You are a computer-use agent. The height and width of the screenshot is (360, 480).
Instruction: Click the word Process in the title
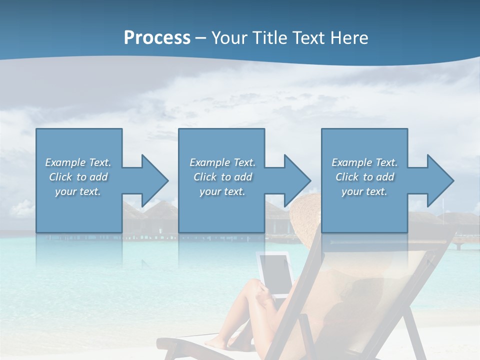pos(157,38)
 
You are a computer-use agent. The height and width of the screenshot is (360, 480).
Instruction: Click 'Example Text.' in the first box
pos(78,162)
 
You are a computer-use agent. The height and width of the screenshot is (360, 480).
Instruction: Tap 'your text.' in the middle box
pos(222,191)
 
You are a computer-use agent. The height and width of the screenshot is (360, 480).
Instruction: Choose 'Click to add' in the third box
pos(365,177)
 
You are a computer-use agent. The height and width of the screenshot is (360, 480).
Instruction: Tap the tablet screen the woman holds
pos(274,272)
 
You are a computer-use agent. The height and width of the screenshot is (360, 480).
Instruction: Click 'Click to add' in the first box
pos(78,177)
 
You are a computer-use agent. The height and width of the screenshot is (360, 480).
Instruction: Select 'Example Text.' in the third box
pos(365,162)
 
